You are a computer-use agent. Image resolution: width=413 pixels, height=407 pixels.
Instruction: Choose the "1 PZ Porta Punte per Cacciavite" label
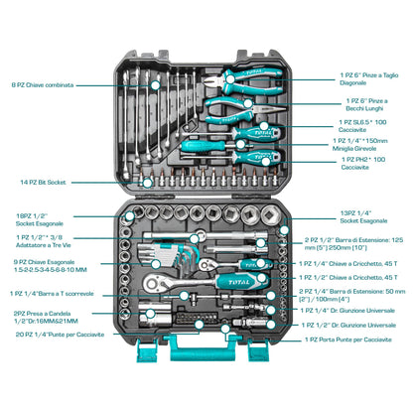tap(352, 339)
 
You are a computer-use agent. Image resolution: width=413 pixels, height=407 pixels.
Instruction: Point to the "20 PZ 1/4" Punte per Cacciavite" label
tap(60, 334)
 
